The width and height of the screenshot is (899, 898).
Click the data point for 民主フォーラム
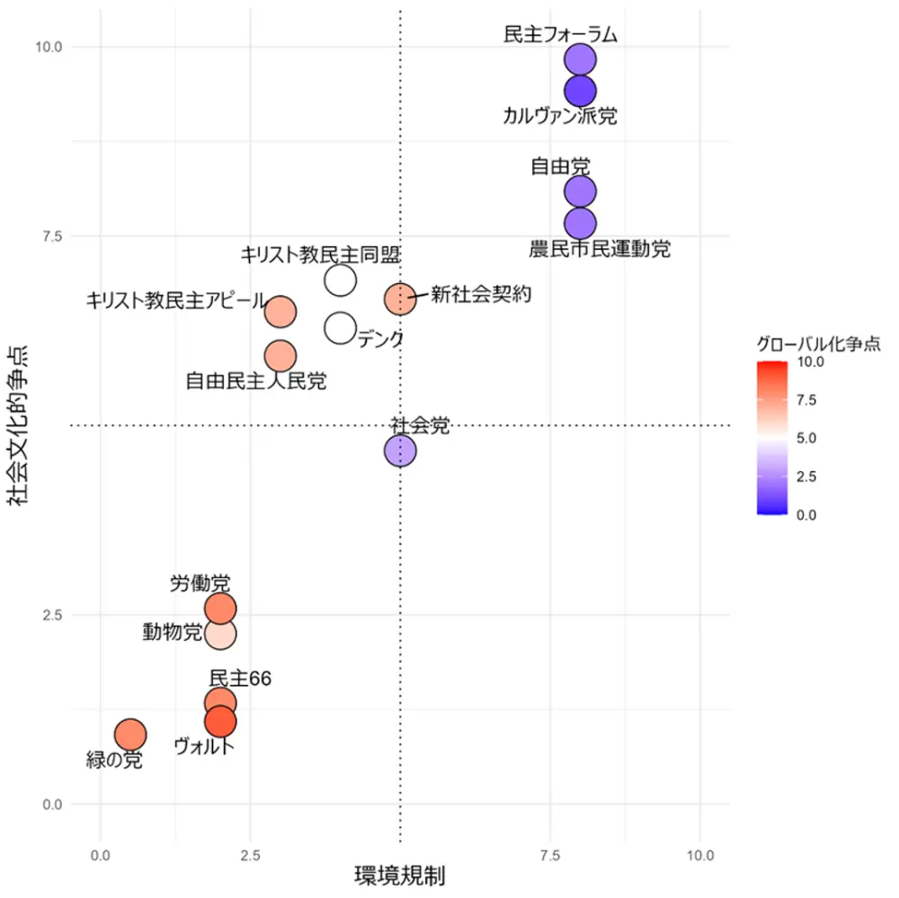[x=581, y=59]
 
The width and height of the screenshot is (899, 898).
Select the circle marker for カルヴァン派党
[x=581, y=91]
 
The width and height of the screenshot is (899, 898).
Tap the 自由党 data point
[x=581, y=191]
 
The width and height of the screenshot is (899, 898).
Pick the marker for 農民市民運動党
[x=581, y=223]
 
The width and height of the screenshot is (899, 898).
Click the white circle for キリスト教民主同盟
[x=340, y=280]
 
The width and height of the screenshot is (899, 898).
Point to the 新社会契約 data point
[x=400, y=298]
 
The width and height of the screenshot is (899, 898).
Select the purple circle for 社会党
[x=400, y=450]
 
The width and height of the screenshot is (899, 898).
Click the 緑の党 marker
[x=130, y=735]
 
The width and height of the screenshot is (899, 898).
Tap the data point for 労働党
[x=220, y=609]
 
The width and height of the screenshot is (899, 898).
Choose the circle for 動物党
[x=220, y=634]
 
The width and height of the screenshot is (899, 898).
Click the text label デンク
[x=379, y=340]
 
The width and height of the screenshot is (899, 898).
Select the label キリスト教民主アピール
[x=176, y=301]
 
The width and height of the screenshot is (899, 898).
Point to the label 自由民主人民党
[x=256, y=382]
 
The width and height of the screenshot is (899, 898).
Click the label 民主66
[x=240, y=679]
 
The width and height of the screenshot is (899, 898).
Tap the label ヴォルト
[x=204, y=746]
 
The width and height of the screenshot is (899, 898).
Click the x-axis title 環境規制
[x=400, y=875]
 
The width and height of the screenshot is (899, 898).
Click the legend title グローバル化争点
[x=817, y=343]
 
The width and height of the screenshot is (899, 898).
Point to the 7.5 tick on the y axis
[x=50, y=236]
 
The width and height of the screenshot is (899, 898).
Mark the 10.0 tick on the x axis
[x=700, y=854]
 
